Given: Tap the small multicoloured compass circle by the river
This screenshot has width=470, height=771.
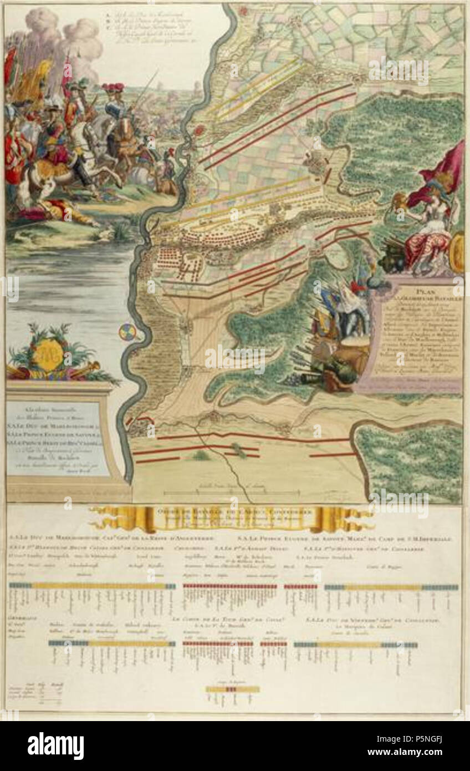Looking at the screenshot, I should (126, 332).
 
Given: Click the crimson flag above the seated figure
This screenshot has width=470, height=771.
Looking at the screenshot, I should (443, 169).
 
